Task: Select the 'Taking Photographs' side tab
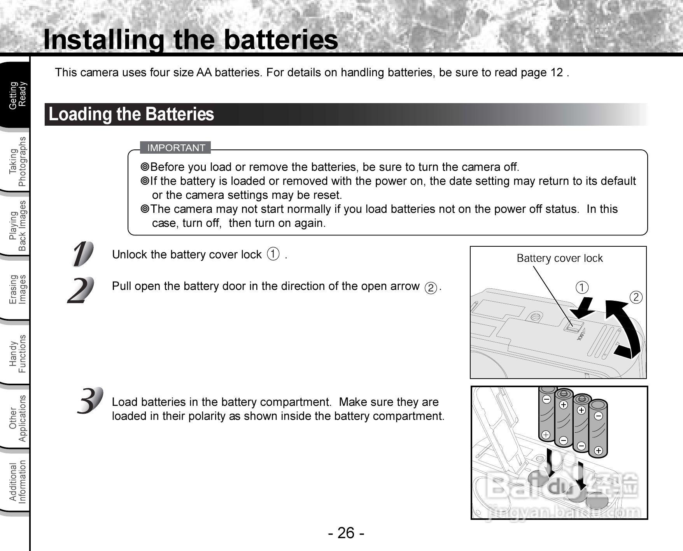pos(18,161)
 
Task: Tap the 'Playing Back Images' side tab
pos(18,226)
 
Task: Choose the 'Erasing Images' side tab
pos(18,289)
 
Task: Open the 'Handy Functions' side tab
pos(18,353)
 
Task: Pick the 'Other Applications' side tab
pos(18,418)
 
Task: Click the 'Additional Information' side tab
pos(18,482)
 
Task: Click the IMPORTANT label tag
pos(176,148)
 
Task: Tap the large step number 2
pos(81,290)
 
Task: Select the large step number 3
pos(90,401)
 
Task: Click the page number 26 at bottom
pos(346,533)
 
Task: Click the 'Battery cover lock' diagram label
pos(559,258)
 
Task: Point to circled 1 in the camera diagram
pos(582,288)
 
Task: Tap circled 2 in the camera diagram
pos(636,297)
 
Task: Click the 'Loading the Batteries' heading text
pos(131,114)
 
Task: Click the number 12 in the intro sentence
pos(557,72)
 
